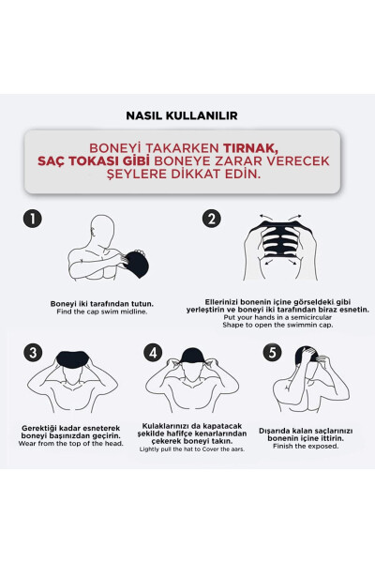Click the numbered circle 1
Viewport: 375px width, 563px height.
point(33,219)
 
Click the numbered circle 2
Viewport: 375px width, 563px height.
point(212,219)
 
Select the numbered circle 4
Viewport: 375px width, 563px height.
point(154,353)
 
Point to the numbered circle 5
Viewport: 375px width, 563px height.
point(273,353)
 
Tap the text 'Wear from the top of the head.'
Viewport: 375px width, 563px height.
point(70,444)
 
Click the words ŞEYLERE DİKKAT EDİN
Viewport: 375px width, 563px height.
point(187,175)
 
